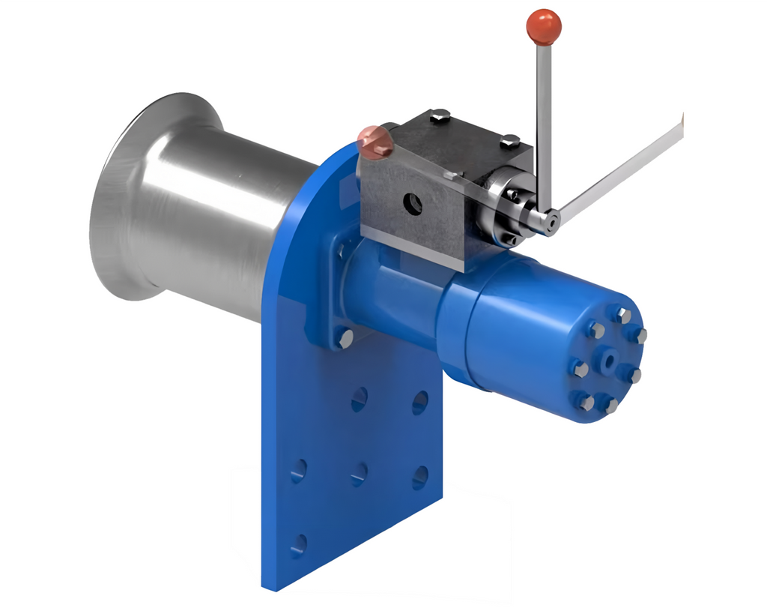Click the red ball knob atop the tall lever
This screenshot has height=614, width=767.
tap(544, 26)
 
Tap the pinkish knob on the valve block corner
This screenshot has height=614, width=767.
tap(375, 142)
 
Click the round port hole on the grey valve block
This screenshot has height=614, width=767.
tap(411, 205)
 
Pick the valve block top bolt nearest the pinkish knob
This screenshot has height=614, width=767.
tap(440, 115)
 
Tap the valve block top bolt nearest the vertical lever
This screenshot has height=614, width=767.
tap(509, 140)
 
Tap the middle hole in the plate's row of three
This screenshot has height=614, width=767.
tap(359, 474)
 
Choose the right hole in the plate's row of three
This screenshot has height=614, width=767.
tap(420, 477)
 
